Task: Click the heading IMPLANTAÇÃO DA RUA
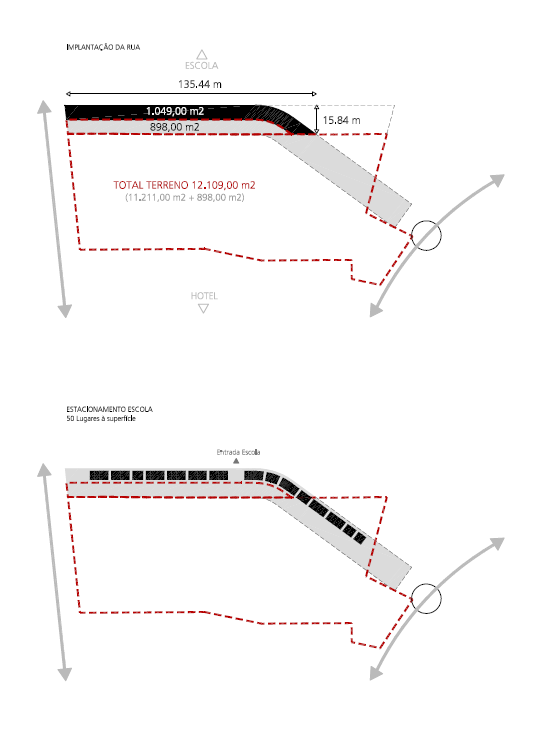tap(103, 47)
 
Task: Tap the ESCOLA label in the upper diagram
tap(201, 66)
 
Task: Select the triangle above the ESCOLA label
tap(202, 54)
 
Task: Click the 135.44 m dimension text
tap(200, 84)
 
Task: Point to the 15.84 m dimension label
tap(341, 120)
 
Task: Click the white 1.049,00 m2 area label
tap(175, 111)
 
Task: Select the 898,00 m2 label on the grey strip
tap(175, 127)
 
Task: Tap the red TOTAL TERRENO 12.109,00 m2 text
tap(185, 185)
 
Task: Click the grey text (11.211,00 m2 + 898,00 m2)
tap(185, 197)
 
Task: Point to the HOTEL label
tap(204, 296)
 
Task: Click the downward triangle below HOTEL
tap(203, 309)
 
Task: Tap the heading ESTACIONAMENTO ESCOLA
tap(109, 409)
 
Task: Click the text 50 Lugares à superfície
tap(101, 419)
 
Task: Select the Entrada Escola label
tap(238, 452)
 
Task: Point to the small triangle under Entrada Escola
tap(236, 461)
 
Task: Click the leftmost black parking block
tap(99, 475)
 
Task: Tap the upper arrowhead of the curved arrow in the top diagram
tap(496, 181)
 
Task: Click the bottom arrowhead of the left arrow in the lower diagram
tap(65, 674)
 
